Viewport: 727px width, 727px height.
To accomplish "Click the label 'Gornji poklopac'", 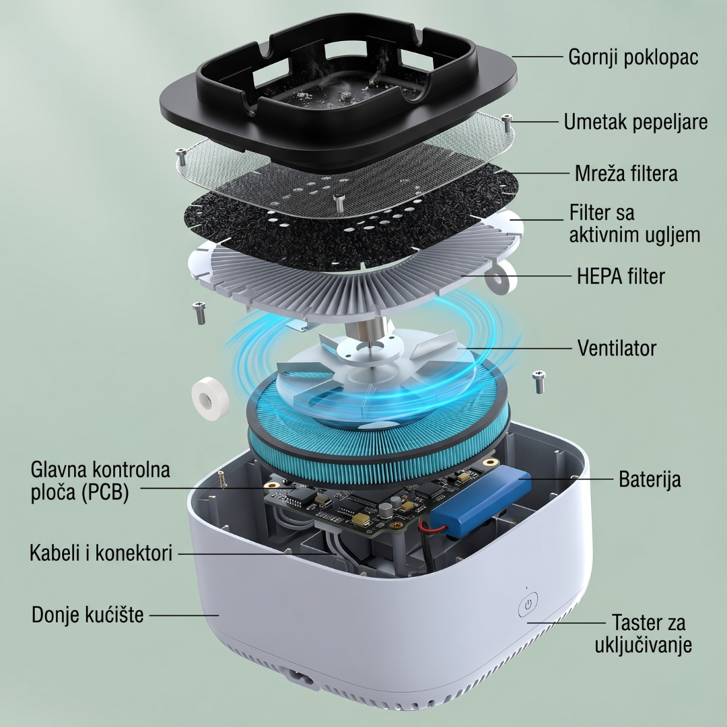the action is point(633,57).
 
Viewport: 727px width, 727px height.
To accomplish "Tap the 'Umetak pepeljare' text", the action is point(635,122).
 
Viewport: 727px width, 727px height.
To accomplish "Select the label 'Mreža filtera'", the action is point(626,174).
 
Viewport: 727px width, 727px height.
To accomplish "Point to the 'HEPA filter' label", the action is point(621,276).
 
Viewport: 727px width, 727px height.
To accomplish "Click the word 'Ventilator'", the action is point(617,348).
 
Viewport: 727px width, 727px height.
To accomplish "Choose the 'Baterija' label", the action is point(650,479).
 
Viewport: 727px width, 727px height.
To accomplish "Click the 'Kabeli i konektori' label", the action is point(100,553).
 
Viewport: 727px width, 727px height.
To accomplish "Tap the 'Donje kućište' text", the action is point(88,615).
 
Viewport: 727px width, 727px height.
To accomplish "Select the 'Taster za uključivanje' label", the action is point(644,633).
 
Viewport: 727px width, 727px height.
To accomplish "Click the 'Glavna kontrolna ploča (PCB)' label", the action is point(100,481).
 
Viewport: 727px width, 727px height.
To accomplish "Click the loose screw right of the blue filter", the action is point(539,381).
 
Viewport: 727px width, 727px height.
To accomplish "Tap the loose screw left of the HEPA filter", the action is point(199,312).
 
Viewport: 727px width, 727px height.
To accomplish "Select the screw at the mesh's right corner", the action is point(508,123).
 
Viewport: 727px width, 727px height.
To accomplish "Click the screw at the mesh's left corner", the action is point(181,157).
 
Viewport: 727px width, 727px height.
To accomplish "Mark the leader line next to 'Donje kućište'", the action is point(184,615).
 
